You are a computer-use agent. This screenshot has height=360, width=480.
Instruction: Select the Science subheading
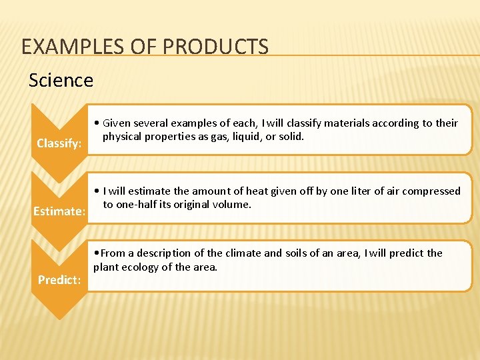coord(61,81)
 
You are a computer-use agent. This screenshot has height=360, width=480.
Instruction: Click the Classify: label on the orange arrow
coord(59,143)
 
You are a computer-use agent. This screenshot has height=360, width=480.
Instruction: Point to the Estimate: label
coord(59,211)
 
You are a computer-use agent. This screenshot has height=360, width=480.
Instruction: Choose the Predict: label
coord(59,280)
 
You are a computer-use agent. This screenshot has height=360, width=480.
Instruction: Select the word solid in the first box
coord(291,136)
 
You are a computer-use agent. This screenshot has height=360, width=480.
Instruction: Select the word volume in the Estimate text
coord(233,204)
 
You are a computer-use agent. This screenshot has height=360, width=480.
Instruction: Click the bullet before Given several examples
coord(97,123)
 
